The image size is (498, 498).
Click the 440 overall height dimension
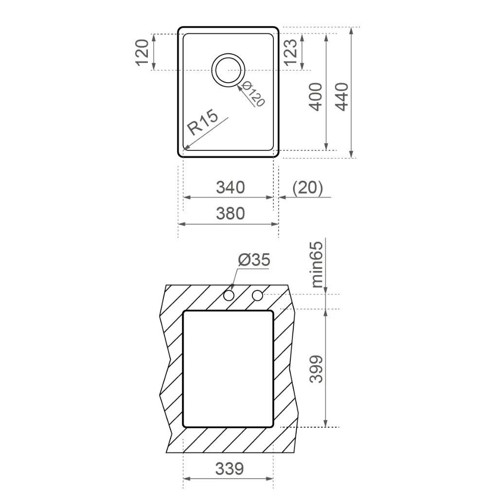tap(342, 97)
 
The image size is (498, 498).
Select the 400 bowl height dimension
tap(316, 97)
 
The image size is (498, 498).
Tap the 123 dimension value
tap(290, 53)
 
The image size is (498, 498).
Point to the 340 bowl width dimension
tap(230, 187)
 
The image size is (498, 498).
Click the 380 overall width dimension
tap(230, 213)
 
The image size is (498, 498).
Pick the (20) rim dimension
tap(307, 187)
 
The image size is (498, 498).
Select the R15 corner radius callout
tap(203, 122)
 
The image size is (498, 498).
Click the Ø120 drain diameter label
tap(253, 94)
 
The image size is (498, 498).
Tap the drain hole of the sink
tap(228, 70)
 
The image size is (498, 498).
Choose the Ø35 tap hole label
tap(254, 260)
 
